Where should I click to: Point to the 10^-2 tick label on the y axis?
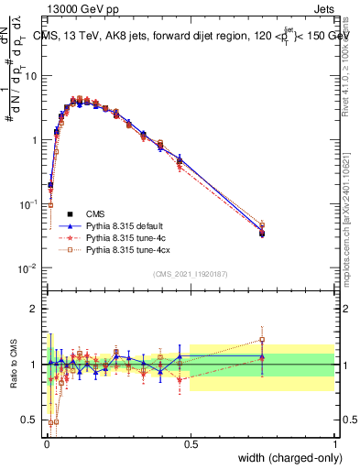point(29,268)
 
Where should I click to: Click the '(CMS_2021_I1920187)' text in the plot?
point(191,273)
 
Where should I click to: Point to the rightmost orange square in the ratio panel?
point(262,340)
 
